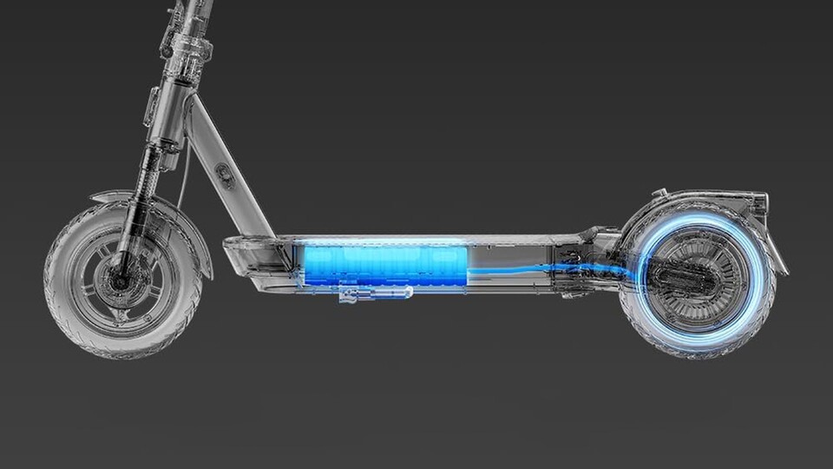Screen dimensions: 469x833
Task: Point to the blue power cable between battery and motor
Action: tap(521, 273)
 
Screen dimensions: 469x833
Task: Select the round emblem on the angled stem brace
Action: tap(224, 173)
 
